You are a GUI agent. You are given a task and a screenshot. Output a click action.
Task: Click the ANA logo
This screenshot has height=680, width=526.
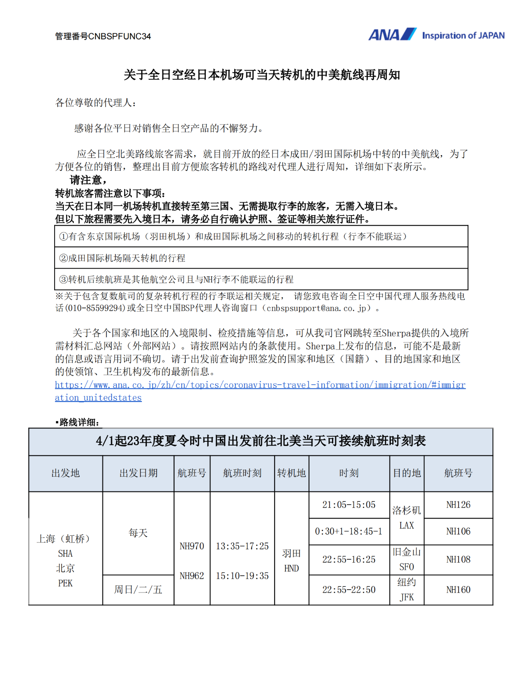pos(392,34)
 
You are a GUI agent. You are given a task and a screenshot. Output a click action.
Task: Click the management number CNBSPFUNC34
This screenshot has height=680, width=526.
pos(120,37)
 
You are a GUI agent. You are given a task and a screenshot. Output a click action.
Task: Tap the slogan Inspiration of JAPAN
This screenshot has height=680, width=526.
pos(463,36)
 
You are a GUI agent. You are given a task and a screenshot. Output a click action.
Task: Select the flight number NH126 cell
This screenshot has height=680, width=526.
pos(458,505)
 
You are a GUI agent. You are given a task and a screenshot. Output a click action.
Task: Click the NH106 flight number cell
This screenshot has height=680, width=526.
pos(458,531)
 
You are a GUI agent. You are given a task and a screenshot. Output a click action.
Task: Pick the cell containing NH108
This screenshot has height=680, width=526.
pos(458,559)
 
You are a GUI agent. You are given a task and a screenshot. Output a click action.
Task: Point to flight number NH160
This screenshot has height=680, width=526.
pos(458,590)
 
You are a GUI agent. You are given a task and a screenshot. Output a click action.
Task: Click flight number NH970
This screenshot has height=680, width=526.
pos(192,546)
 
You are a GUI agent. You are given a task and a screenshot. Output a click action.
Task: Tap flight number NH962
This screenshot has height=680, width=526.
pos(192,576)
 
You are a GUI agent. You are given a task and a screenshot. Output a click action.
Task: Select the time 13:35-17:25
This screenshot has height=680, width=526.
pos(242,546)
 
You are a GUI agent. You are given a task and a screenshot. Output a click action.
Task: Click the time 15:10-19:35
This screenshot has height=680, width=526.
pos(242,576)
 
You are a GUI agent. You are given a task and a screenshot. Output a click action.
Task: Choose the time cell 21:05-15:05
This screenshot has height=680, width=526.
pos(349,505)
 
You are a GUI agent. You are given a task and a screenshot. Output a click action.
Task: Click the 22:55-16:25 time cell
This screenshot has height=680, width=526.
pos(349,559)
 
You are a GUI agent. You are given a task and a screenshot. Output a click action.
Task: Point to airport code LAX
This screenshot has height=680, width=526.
pos(406,526)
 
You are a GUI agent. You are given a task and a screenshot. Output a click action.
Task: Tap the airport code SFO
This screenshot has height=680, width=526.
pos(406,567)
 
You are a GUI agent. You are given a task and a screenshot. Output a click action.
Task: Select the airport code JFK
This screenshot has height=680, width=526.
pos(406,597)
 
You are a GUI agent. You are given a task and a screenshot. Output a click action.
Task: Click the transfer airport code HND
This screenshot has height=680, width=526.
pos(291,568)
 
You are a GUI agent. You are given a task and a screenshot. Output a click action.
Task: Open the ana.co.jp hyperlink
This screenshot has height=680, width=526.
pos(260,385)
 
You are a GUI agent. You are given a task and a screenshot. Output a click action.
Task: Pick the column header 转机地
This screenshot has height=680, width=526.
pos(291,473)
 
